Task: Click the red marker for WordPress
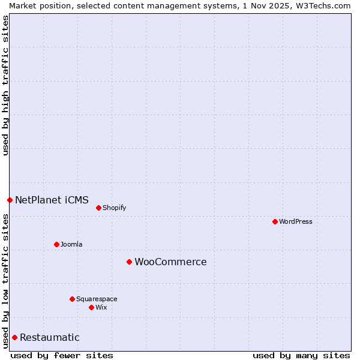[x=275, y=221]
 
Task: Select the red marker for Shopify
[x=98, y=208]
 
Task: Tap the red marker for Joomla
[x=56, y=244]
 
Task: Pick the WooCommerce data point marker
[x=129, y=262]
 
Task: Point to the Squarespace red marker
[x=72, y=299]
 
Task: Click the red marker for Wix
[x=91, y=307]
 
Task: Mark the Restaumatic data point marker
[x=14, y=337]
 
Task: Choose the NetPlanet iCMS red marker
[x=10, y=200]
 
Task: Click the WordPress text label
[x=296, y=221]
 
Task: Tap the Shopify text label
[x=115, y=208]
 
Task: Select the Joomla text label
[x=71, y=244]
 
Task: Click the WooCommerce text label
[x=170, y=262]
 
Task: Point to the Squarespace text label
[x=97, y=299]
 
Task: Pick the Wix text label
[x=101, y=307]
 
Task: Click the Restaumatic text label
[x=49, y=337]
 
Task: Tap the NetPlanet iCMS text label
[x=52, y=200]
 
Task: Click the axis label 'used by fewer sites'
[x=62, y=355]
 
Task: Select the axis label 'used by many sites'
[x=301, y=355]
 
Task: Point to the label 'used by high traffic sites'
[x=5, y=85]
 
